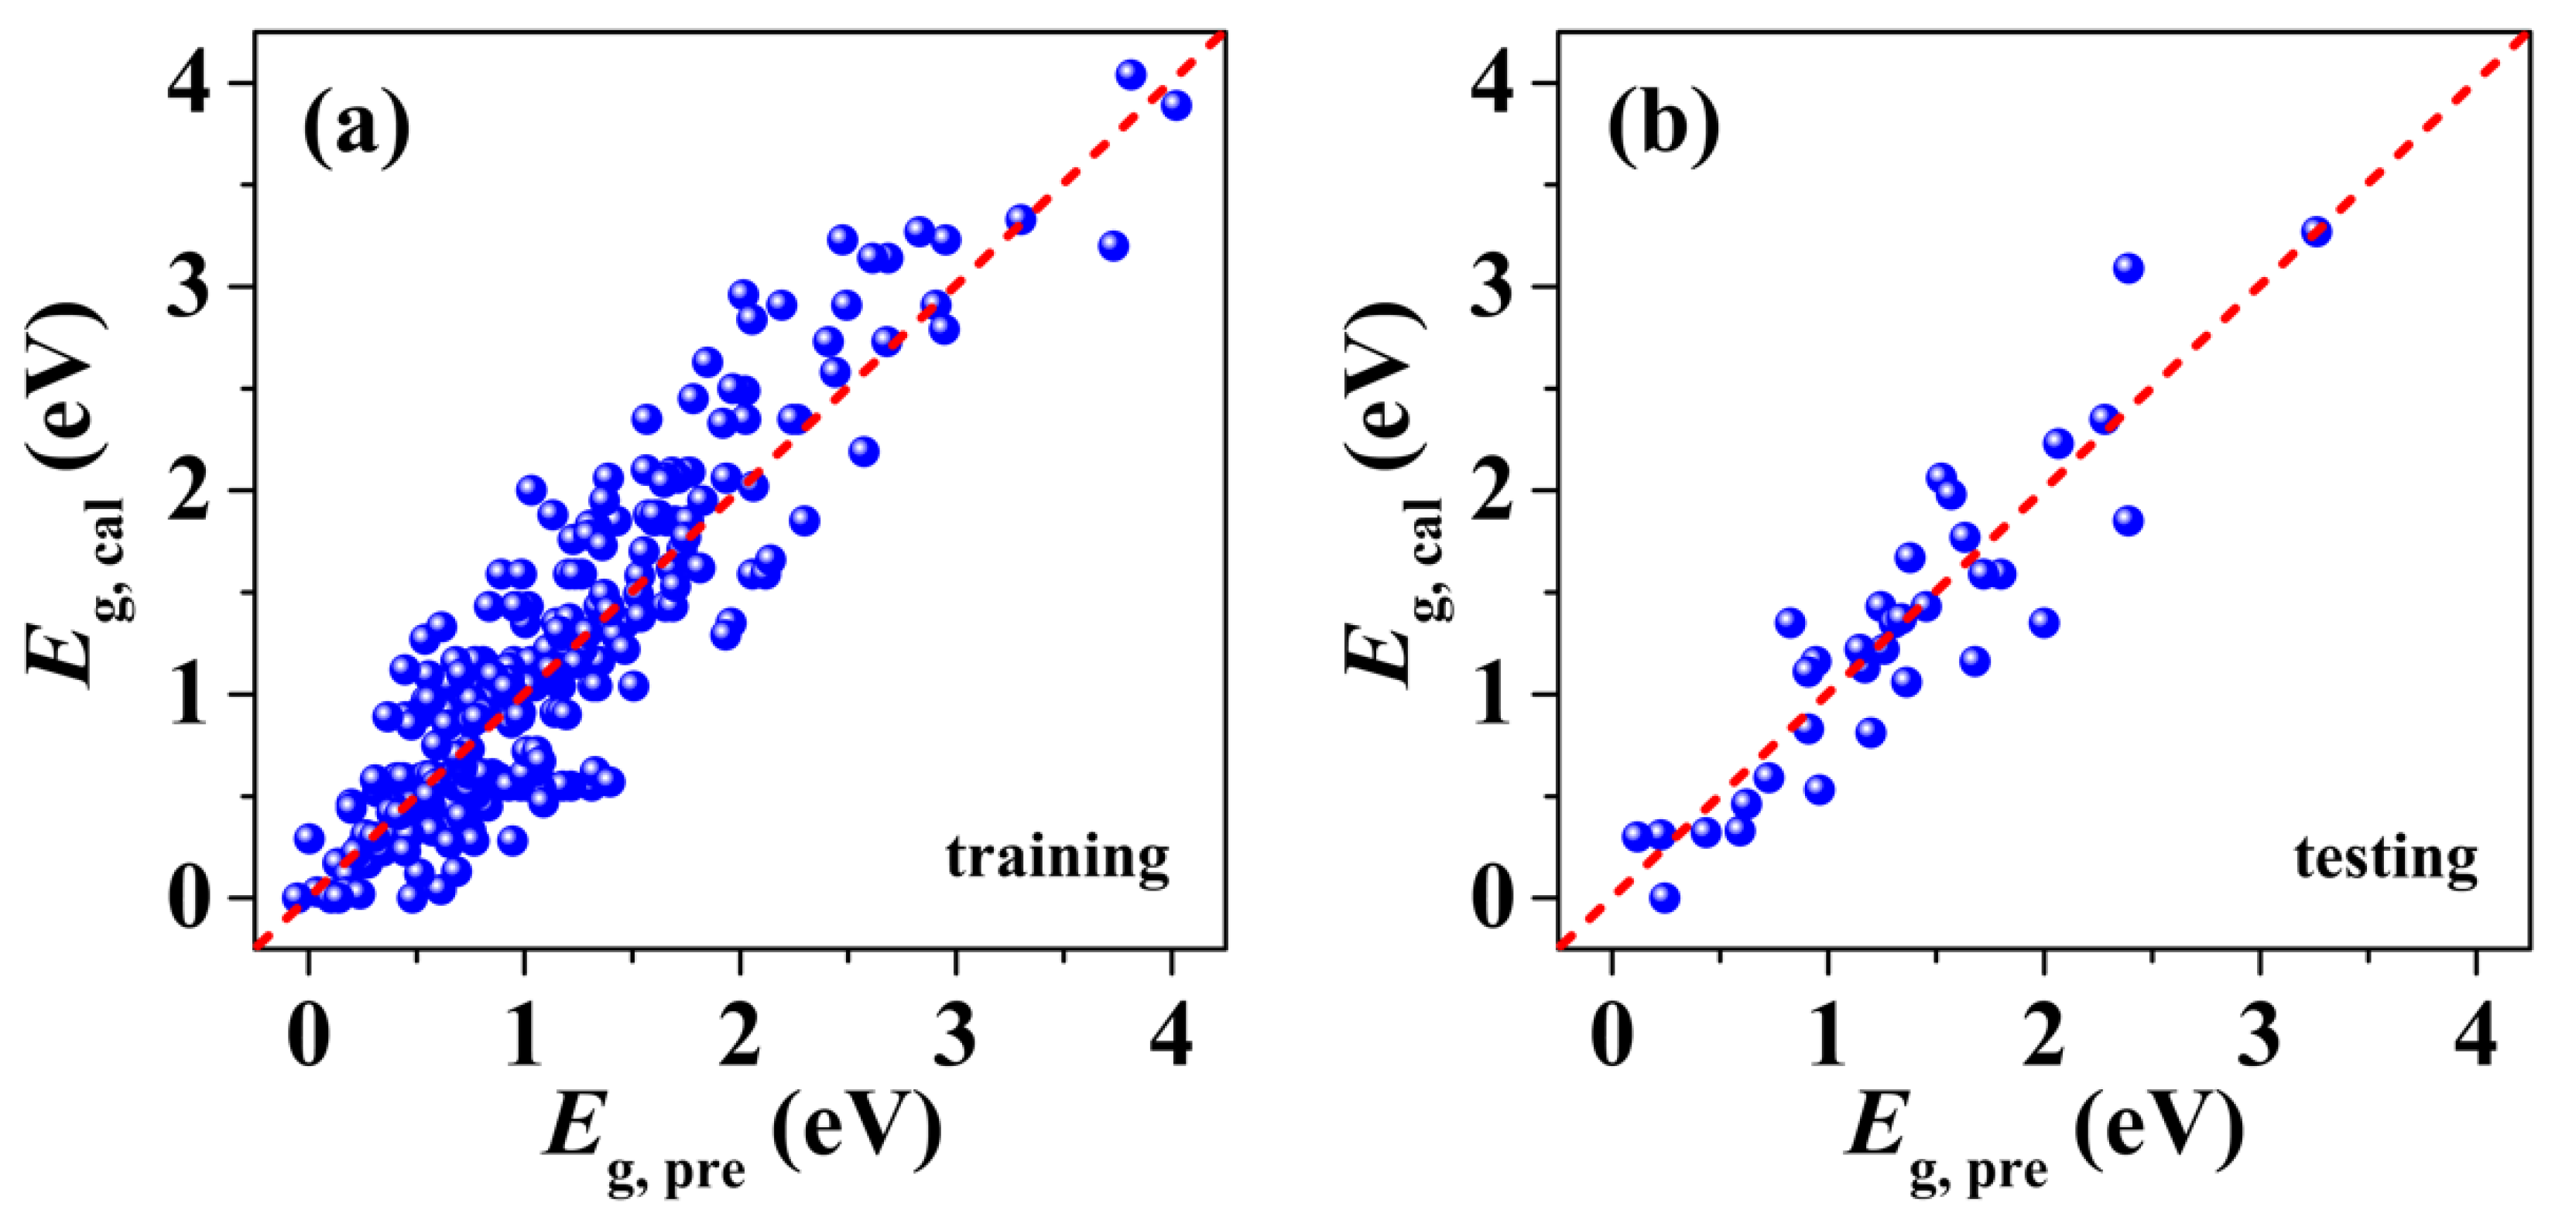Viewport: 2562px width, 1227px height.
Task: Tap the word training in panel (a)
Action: click(1057, 857)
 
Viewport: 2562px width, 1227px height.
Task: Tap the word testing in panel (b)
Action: click(2385, 857)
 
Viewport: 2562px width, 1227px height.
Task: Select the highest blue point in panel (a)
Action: click(1131, 74)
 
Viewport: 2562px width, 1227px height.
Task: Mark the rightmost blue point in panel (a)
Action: click(1176, 105)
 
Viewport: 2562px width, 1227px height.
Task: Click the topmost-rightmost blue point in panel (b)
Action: click(2317, 231)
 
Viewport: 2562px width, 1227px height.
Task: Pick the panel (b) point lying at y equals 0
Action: click(1664, 898)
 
